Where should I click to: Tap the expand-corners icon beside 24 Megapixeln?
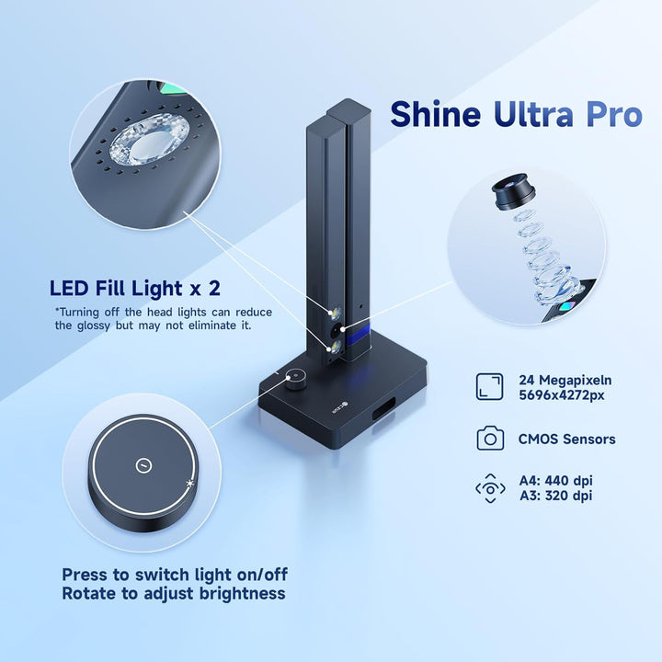490,386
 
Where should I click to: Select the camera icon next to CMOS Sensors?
490,439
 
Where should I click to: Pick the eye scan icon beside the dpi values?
490,488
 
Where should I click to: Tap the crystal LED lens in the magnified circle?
144,143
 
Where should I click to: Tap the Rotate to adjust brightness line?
173,594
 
